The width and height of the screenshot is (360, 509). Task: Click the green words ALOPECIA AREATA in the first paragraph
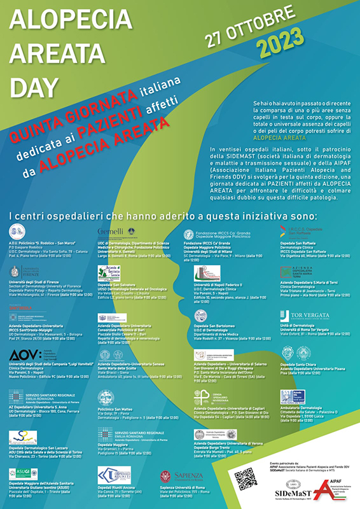280,137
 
